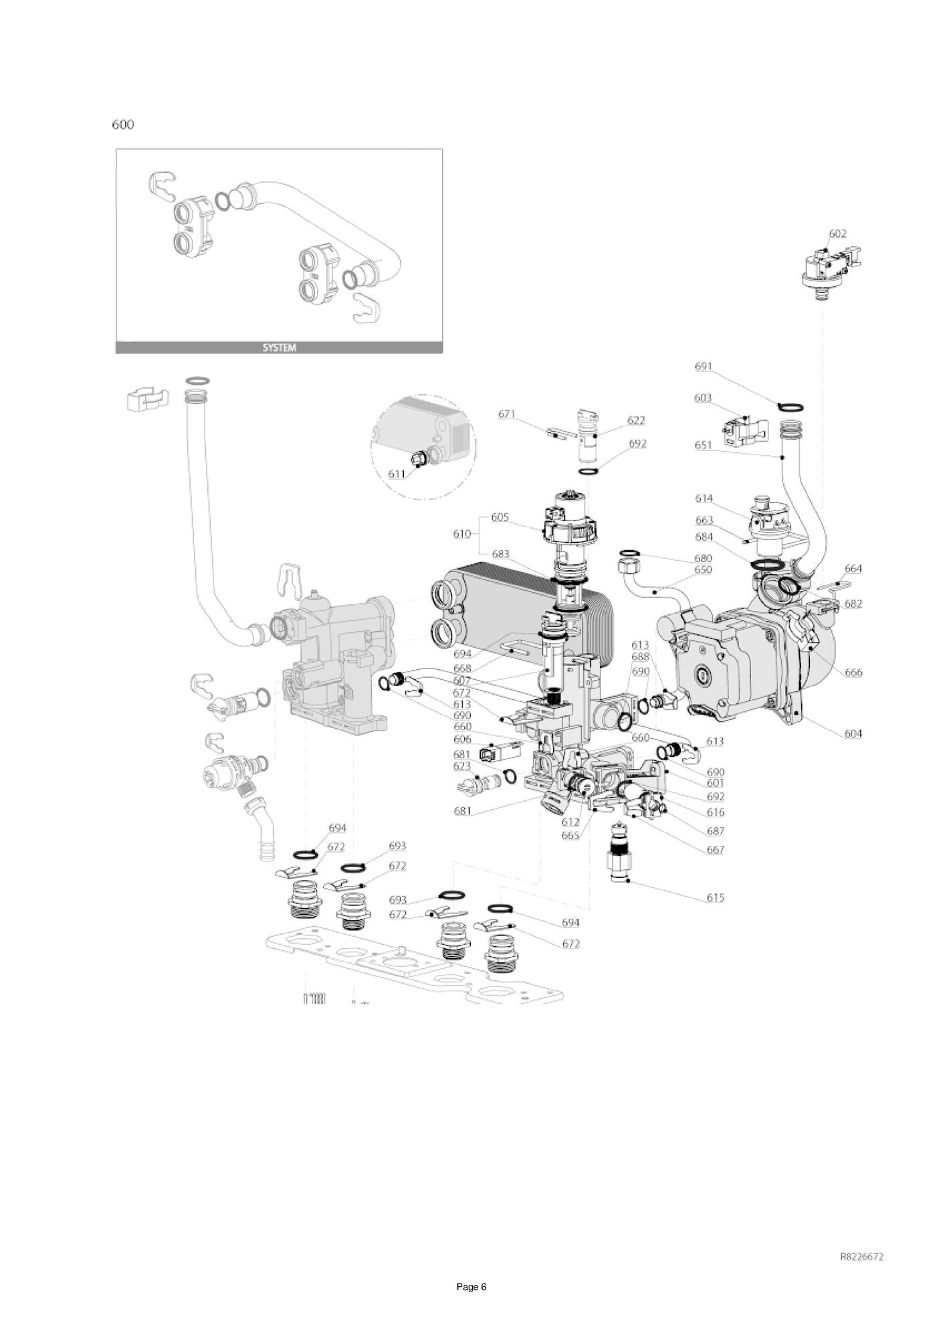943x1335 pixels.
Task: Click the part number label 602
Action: point(837,234)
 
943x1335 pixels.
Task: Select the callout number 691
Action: point(704,366)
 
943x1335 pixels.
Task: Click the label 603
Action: point(703,398)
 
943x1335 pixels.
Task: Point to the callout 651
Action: point(704,444)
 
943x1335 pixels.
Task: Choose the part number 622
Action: point(636,420)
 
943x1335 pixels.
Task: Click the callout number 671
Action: point(507,414)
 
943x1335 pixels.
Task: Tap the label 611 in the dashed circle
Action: point(397,474)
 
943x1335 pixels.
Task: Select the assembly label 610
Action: point(462,533)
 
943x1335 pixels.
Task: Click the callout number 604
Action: point(853,733)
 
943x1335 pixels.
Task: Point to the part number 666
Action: point(853,673)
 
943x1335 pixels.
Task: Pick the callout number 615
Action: point(716,897)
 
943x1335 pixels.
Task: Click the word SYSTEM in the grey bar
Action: point(279,348)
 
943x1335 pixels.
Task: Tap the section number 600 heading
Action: point(123,124)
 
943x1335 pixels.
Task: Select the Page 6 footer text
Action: point(471,1287)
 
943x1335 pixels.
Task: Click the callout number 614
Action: point(704,499)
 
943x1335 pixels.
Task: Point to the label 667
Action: point(716,850)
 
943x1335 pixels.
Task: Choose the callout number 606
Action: point(462,739)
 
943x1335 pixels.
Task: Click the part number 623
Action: point(462,766)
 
